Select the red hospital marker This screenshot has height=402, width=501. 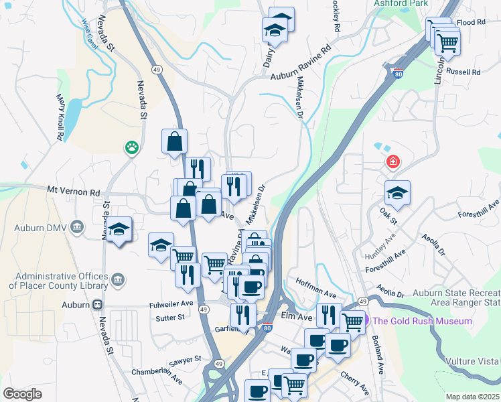point(392,162)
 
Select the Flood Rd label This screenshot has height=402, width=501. point(471,22)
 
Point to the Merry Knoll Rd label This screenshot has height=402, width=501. point(59,117)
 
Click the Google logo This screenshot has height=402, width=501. point(22,394)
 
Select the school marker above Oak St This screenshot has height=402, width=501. point(398,194)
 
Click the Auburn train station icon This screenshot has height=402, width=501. point(98,304)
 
